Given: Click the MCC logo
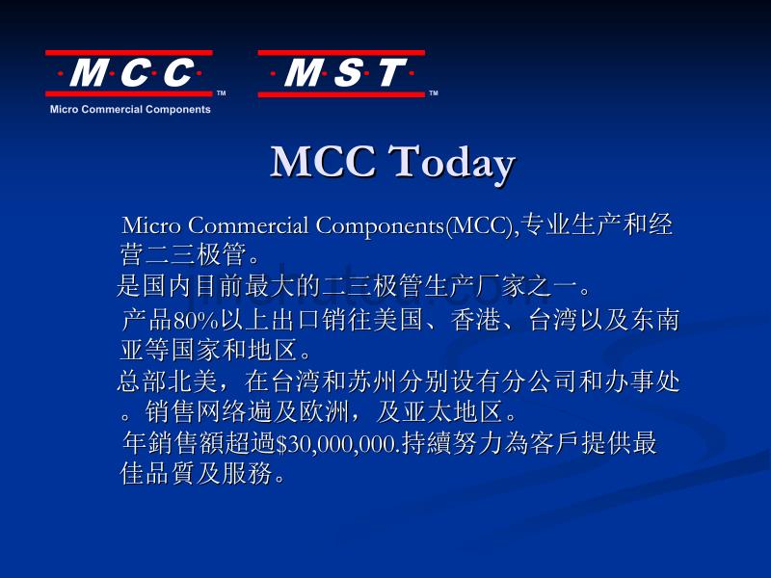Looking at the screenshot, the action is (x=129, y=73).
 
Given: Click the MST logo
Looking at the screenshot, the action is (x=341, y=73).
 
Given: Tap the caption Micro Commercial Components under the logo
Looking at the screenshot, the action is (x=130, y=109).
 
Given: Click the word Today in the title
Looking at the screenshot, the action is (x=452, y=163).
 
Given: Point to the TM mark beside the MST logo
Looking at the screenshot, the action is (x=433, y=92).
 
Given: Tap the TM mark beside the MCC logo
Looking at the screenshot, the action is (x=222, y=92).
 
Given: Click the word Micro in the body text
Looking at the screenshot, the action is (x=151, y=225).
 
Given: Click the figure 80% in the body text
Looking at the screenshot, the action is (x=196, y=321).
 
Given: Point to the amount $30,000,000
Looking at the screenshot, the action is (x=336, y=444).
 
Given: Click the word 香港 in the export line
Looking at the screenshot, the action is (x=476, y=320).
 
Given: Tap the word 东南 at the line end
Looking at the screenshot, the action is (x=655, y=320).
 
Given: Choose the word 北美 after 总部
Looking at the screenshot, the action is (x=192, y=381).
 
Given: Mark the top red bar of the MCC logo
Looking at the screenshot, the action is (x=129, y=52).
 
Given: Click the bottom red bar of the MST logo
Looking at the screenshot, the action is (x=341, y=93).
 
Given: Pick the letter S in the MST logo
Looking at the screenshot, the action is (x=349, y=73).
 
